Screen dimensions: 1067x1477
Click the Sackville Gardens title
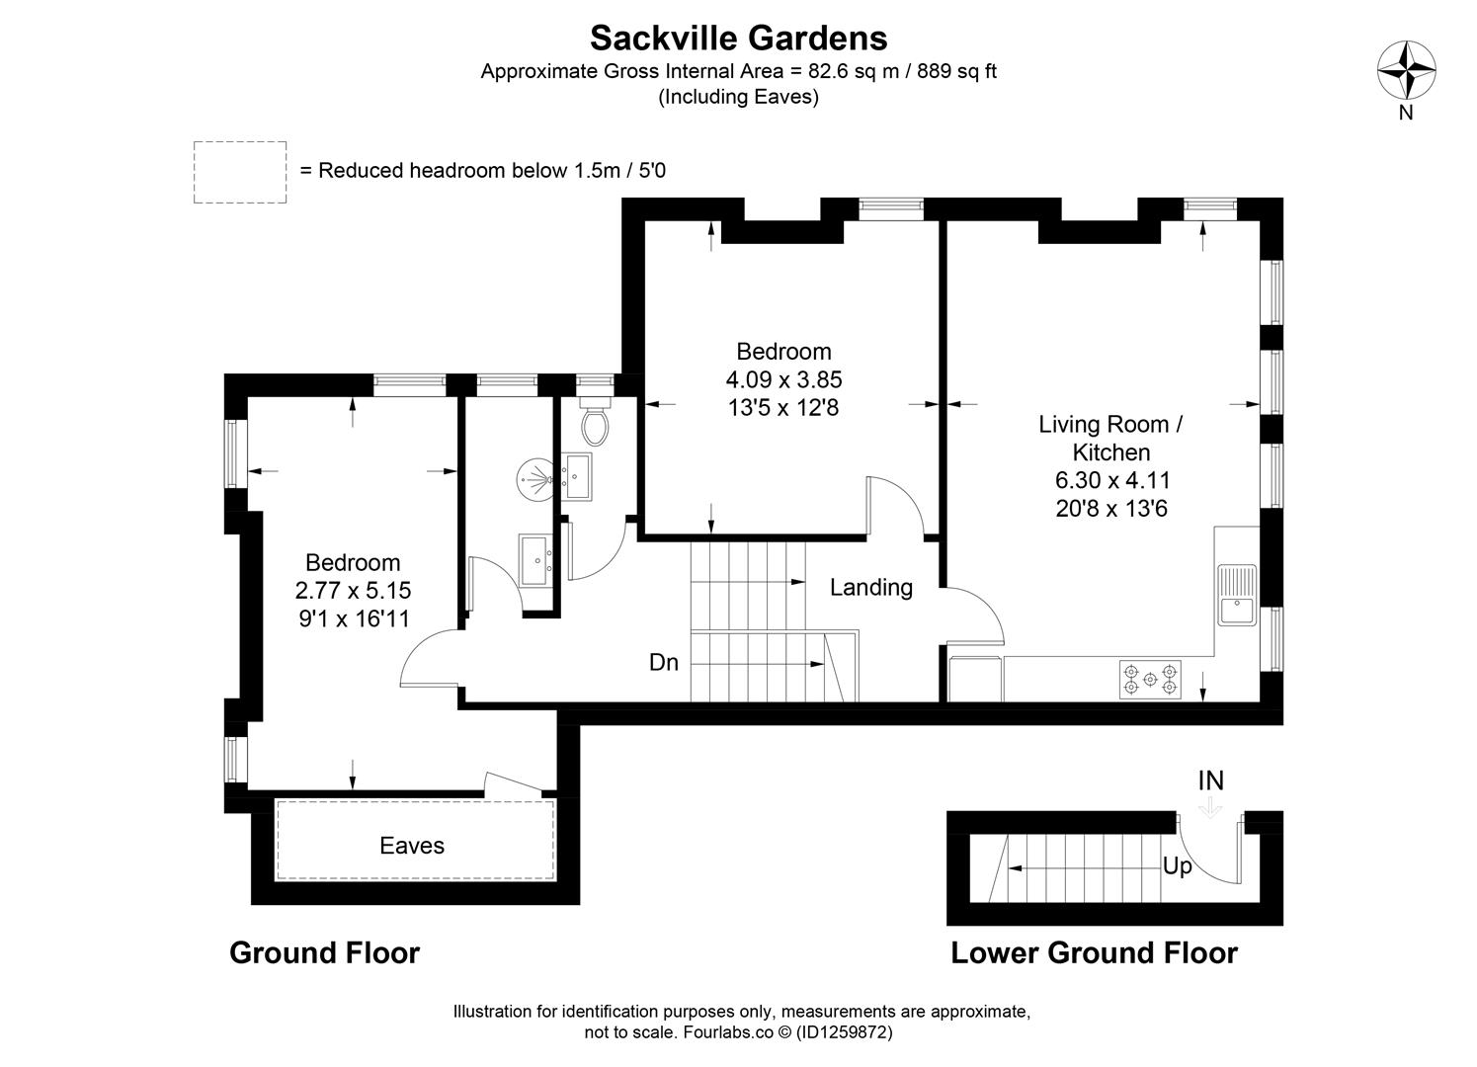pyautogui.click(x=738, y=38)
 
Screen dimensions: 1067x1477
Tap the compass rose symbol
pyautogui.click(x=1406, y=71)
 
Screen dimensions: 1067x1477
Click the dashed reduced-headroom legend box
pyautogui.click(x=240, y=172)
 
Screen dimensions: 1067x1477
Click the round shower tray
pyautogui.click(x=536, y=481)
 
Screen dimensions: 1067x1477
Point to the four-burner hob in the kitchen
pyautogui.click(x=1150, y=680)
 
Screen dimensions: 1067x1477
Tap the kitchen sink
pyautogui.click(x=1236, y=595)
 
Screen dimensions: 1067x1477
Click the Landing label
pyautogui.click(x=870, y=588)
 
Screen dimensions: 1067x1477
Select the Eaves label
pyautogui.click(x=412, y=846)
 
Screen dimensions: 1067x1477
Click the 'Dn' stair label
pyautogui.click(x=664, y=662)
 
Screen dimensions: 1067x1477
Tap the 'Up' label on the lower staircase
pyautogui.click(x=1177, y=866)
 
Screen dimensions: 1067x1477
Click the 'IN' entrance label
pyautogui.click(x=1210, y=780)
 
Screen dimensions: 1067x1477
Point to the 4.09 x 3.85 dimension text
pyautogui.click(x=783, y=379)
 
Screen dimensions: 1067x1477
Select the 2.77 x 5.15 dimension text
pyautogui.click(x=353, y=591)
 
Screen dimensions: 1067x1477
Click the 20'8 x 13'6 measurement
pyautogui.click(x=1111, y=509)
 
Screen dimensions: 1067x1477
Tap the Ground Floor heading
pyautogui.click(x=324, y=952)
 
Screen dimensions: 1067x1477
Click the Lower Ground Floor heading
pyautogui.click(x=1094, y=952)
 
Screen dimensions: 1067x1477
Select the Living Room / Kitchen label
pyautogui.click(x=1111, y=439)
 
